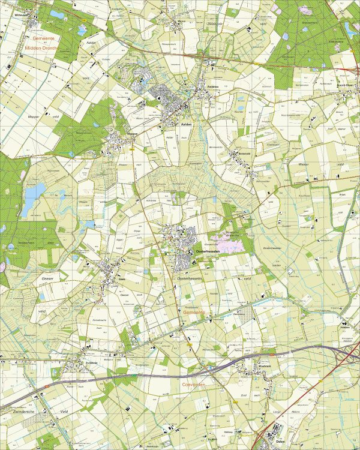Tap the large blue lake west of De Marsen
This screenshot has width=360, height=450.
[x=35, y=192]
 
